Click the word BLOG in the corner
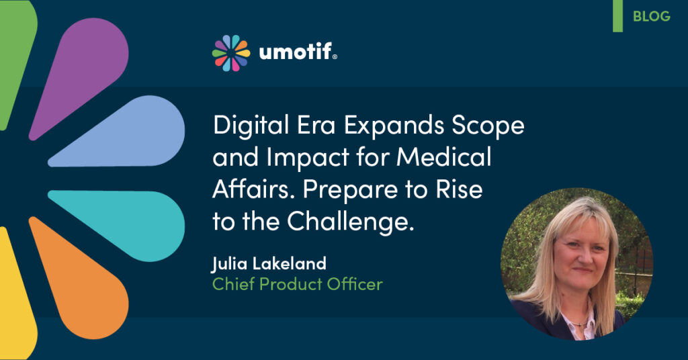point(652,16)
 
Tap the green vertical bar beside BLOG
point(618,16)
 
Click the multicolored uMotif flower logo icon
point(231,53)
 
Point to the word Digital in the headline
point(251,126)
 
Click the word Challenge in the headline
point(351,222)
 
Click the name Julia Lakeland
point(269,264)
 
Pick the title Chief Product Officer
point(298,284)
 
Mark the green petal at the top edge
point(15,57)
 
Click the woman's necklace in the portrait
point(580,324)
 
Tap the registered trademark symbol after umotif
point(335,56)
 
